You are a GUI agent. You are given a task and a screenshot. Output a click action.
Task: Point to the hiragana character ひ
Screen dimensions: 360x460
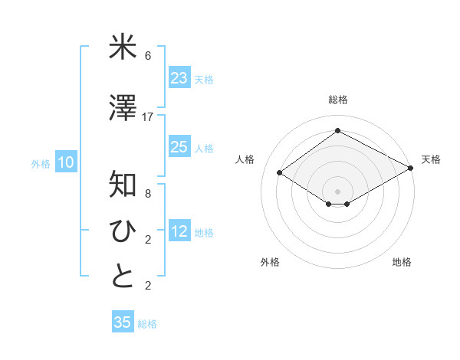click(123, 231)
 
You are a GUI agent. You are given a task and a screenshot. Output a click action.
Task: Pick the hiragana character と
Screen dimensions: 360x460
click(123, 277)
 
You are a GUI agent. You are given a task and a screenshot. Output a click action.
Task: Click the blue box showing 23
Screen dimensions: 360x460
click(179, 77)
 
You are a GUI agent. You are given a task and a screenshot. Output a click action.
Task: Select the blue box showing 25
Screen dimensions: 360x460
click(179, 147)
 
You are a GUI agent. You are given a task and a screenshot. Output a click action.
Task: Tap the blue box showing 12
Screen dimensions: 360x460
click(179, 231)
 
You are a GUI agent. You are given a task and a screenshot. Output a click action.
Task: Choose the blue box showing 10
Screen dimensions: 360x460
click(66, 162)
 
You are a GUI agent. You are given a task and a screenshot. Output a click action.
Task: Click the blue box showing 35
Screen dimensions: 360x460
click(123, 322)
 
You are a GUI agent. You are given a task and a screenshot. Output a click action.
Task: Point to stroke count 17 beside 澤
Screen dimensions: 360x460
click(148, 116)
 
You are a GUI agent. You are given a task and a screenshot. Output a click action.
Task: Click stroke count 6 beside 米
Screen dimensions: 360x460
click(148, 56)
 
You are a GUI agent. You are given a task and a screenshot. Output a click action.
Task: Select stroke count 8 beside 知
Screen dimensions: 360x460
click(148, 193)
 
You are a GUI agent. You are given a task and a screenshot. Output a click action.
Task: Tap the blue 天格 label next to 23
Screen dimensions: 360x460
click(204, 79)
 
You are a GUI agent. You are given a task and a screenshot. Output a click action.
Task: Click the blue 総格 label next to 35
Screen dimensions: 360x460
click(147, 324)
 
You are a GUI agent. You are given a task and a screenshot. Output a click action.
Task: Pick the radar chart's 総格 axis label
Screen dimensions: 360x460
click(337, 100)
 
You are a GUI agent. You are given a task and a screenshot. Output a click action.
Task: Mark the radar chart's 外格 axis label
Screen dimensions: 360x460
click(270, 262)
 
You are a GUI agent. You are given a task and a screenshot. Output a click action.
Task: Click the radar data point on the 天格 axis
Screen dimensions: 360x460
click(411, 169)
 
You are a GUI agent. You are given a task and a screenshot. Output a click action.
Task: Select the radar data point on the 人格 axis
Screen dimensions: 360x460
click(280, 173)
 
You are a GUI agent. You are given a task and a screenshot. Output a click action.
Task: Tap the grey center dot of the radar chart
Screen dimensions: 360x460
click(337, 190)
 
